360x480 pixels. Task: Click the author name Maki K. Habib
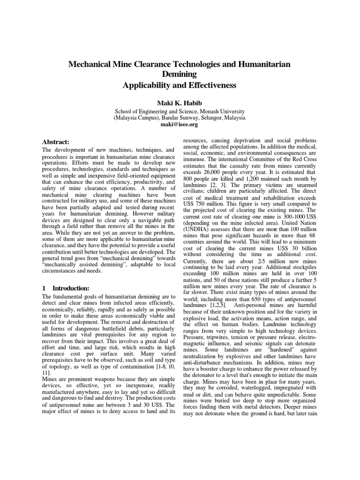point(180,102)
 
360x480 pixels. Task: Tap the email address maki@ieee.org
point(180,125)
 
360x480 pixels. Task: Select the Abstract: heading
point(56,142)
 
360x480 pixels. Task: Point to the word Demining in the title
point(180,74)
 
